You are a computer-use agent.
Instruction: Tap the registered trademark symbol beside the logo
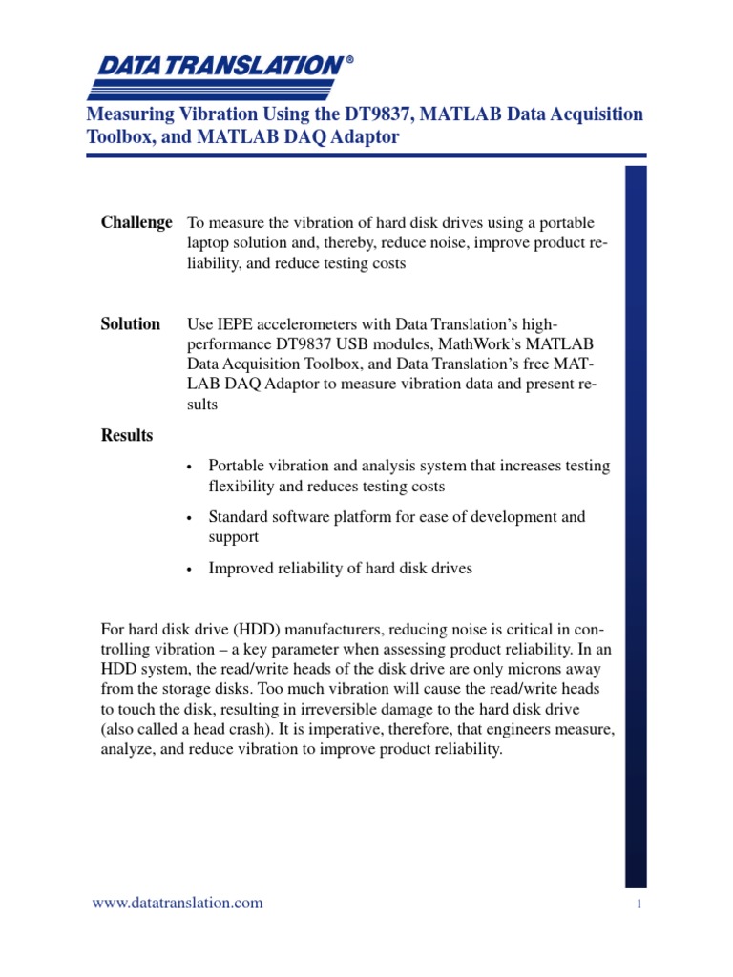coord(349,59)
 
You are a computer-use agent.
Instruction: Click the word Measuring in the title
coord(126,114)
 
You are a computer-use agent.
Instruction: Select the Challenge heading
coord(136,222)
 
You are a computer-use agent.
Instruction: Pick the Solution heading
coord(131,323)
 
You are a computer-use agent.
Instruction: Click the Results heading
coord(127,435)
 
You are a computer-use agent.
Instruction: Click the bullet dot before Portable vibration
coord(190,468)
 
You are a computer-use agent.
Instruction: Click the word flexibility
coord(241,487)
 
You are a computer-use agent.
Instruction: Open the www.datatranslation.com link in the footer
coord(177,903)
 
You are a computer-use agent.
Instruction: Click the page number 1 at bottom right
coord(638,905)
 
